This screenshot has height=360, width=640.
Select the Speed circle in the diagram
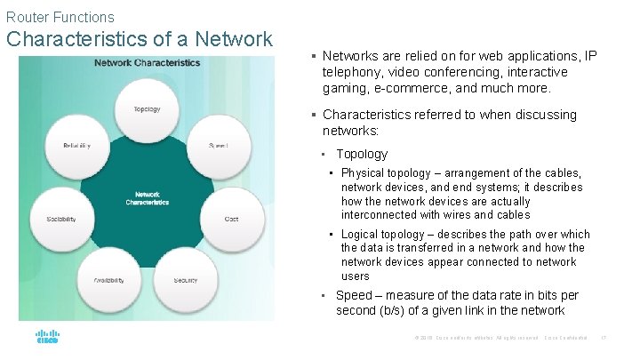pos(218,145)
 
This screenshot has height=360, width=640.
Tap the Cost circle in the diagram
pos(231,219)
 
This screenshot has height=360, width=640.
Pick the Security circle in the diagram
pos(186,280)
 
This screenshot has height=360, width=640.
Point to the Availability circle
pos(108,280)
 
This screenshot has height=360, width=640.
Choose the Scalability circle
pos(61,219)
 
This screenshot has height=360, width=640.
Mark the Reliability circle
pos(76,145)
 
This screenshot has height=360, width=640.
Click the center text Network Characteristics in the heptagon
pos(148,198)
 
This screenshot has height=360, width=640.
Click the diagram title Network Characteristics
pos(148,63)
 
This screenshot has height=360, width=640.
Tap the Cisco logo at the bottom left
pos(47,339)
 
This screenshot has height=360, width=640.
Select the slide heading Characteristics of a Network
pos(140,39)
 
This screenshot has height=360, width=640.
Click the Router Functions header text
pos(60,17)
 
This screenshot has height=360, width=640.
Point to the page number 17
pos(604,339)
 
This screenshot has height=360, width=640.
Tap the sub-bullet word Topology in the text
pos(362,154)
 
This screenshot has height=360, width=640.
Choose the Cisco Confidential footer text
pos(566,339)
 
